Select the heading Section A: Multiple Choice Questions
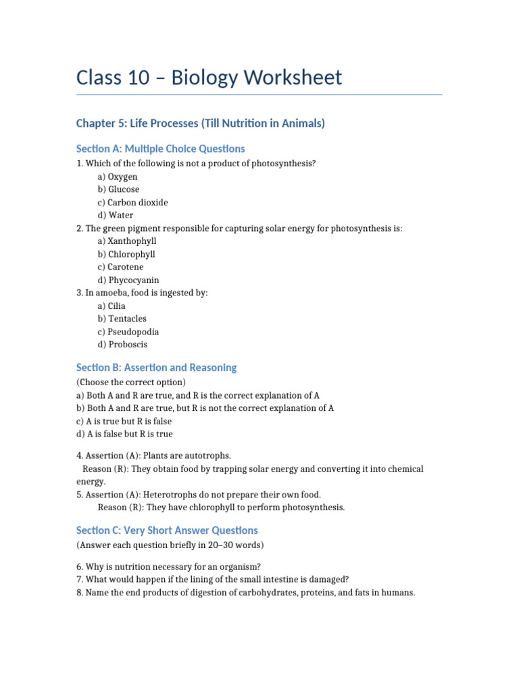(161, 149)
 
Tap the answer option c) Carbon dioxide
(132, 202)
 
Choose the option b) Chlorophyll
(126, 254)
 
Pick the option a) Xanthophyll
(127, 241)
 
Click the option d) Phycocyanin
(128, 280)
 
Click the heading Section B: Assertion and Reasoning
(157, 368)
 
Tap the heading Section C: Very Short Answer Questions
(167, 530)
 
